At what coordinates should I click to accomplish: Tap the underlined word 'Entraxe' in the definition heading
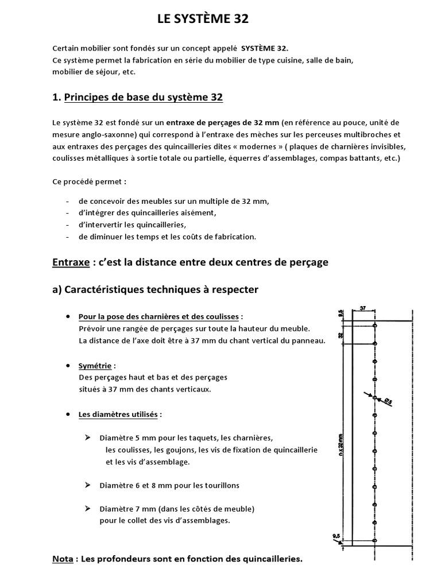tap(71, 262)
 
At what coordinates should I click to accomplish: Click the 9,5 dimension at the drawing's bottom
tap(336, 537)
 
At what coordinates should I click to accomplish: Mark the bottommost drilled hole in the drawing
tap(374, 540)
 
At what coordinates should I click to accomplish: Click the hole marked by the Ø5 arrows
tap(374, 397)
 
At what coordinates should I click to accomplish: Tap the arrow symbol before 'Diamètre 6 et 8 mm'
tap(88, 485)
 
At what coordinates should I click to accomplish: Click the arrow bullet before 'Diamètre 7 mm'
tap(88, 509)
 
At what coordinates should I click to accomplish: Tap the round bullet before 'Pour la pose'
tap(69, 316)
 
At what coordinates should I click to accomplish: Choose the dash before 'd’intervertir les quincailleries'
tap(68, 225)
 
